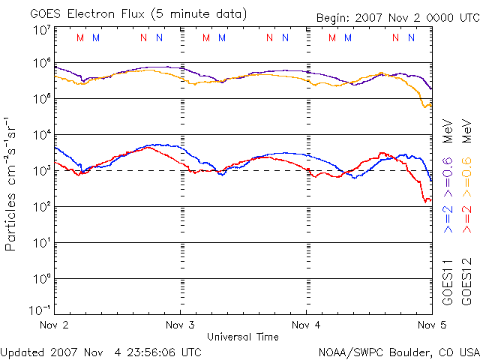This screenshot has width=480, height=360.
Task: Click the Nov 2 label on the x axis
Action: [x=54, y=325]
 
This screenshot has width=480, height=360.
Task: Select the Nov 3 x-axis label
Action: [x=180, y=325]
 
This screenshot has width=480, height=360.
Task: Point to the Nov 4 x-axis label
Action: [x=307, y=325]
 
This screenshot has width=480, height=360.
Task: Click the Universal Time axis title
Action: [x=242, y=337]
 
